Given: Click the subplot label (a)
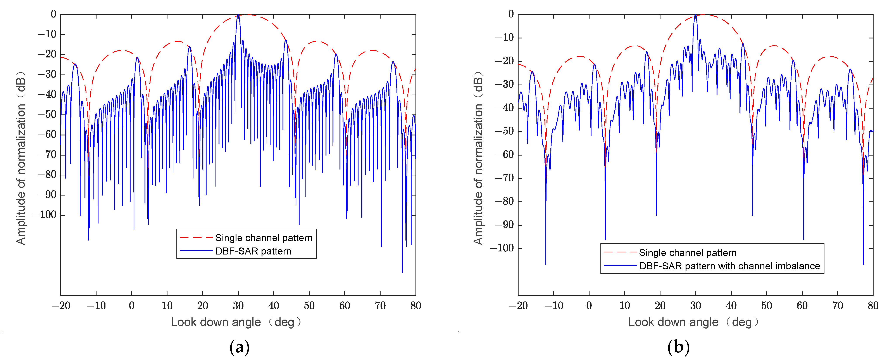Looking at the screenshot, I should point(239,347).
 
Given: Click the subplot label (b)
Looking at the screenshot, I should point(678,347).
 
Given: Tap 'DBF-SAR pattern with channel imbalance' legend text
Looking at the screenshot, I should point(729,266).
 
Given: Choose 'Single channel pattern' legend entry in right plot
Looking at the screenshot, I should point(687,253).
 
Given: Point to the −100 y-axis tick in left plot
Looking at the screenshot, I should point(44,215).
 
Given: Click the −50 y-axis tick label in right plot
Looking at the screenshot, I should point(504,131).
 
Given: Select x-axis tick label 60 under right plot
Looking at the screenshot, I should point(802,306).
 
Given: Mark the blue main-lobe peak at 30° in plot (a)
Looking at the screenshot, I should point(238,15).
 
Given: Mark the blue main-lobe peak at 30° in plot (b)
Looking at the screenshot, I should point(695,15).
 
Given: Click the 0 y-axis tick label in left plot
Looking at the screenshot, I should point(53,14).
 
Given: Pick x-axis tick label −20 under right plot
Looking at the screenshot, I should point(518,306).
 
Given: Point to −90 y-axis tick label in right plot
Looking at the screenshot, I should point(504,225).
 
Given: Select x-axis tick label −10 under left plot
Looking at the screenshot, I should point(96,306).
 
